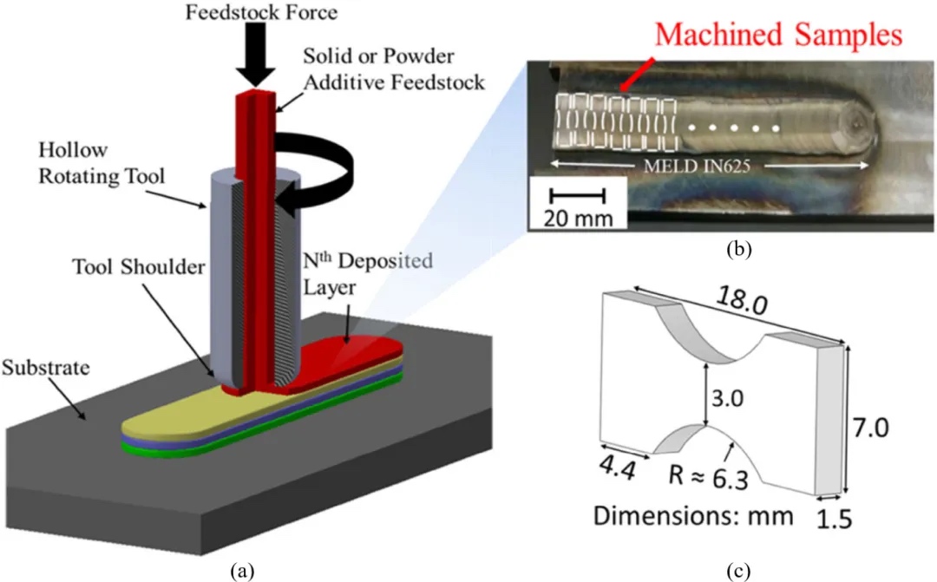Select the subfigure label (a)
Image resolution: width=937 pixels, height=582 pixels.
[x=240, y=570]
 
